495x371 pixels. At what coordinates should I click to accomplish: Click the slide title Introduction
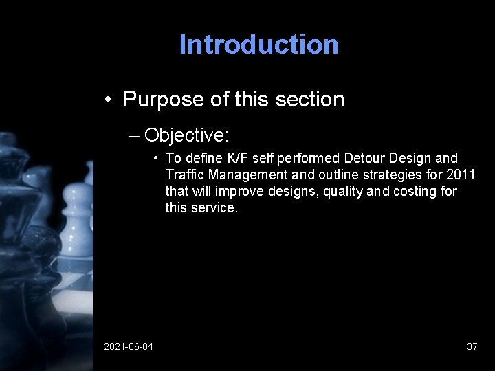click(x=258, y=45)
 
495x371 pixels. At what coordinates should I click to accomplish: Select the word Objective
click(x=181, y=133)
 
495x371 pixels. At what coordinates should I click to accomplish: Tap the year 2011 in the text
click(x=461, y=175)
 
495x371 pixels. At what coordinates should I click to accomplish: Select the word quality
click(x=341, y=191)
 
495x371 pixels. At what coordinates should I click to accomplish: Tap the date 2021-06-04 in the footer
click(x=129, y=346)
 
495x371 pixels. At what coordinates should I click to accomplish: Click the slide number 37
click(x=472, y=346)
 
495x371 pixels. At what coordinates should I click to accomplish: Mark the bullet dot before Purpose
click(x=109, y=100)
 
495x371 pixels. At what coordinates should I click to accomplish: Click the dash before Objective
click(x=134, y=134)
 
